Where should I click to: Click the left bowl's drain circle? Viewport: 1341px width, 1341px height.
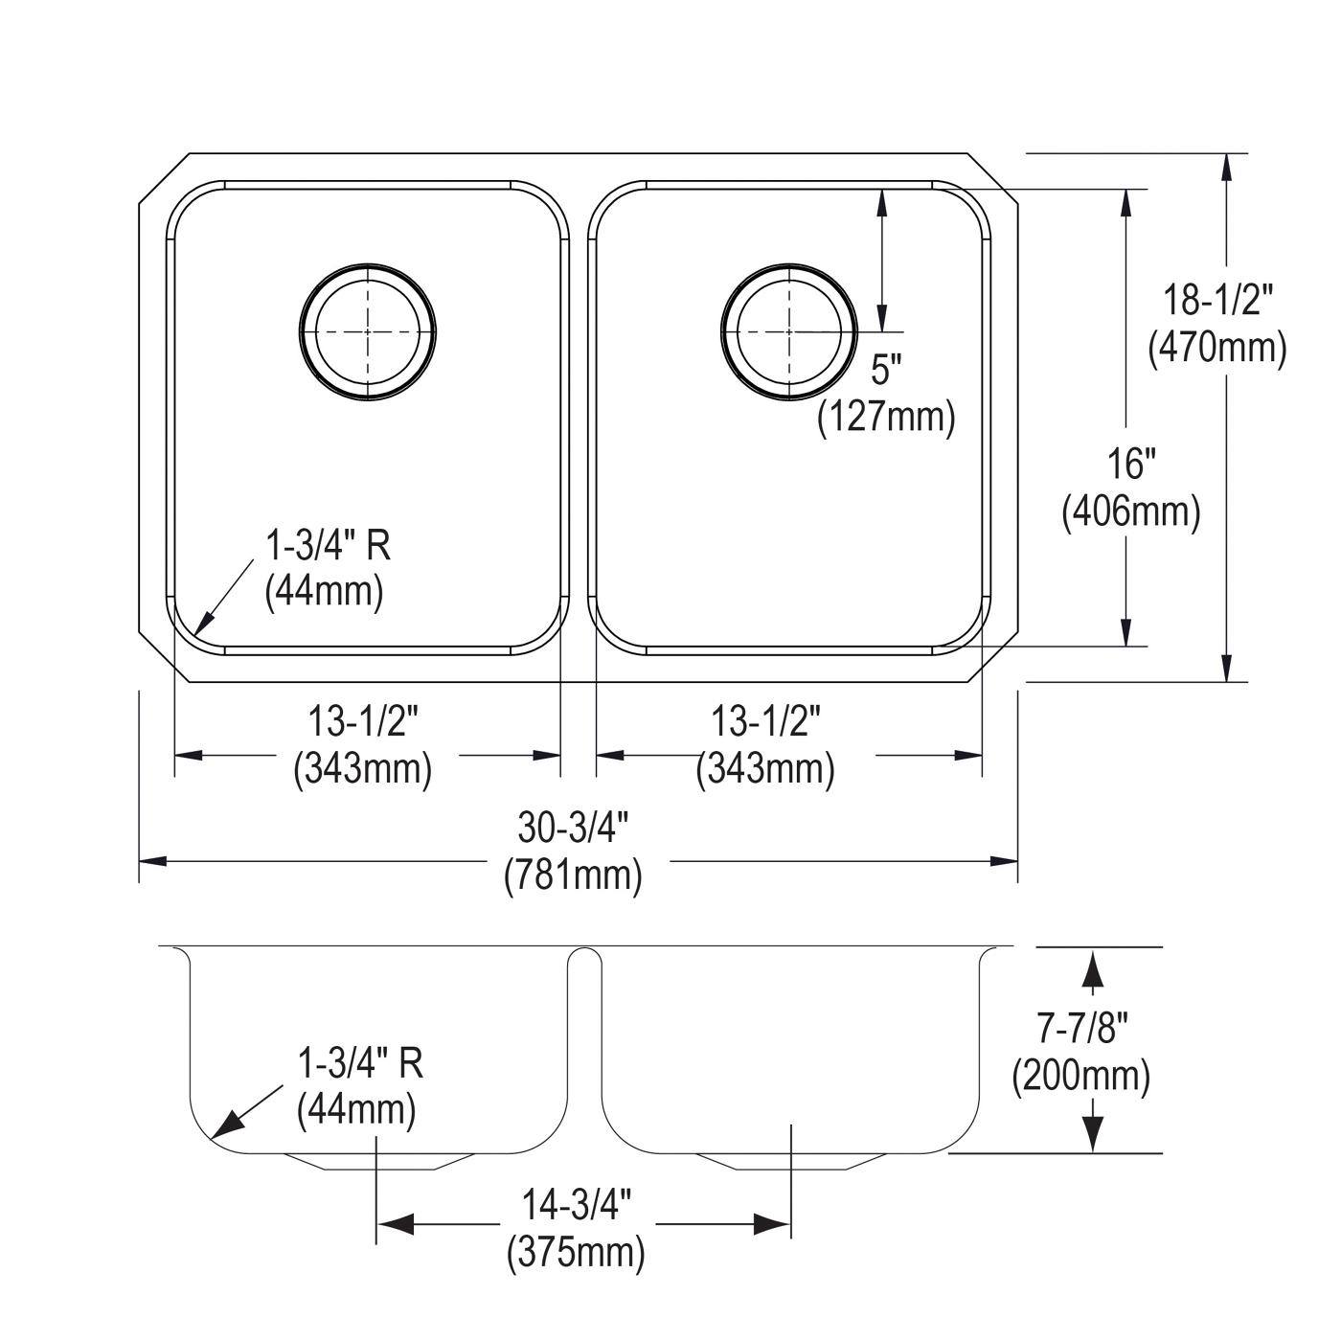click(299, 332)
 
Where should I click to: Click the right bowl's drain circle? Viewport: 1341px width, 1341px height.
click(721, 332)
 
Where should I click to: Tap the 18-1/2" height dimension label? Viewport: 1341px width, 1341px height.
click(1217, 301)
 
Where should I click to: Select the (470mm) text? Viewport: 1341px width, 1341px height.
click(1217, 348)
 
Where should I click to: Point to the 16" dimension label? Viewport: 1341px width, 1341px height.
click(1131, 465)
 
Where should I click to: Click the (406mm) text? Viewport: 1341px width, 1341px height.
click(1131, 511)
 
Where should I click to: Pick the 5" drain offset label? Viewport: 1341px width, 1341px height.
click(886, 370)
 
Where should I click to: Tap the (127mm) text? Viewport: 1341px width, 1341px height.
click(886, 417)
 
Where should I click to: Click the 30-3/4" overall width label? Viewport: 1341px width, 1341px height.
click(573, 828)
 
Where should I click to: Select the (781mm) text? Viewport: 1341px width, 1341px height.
click(573, 875)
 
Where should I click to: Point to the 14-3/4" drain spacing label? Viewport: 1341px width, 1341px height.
click(577, 1205)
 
